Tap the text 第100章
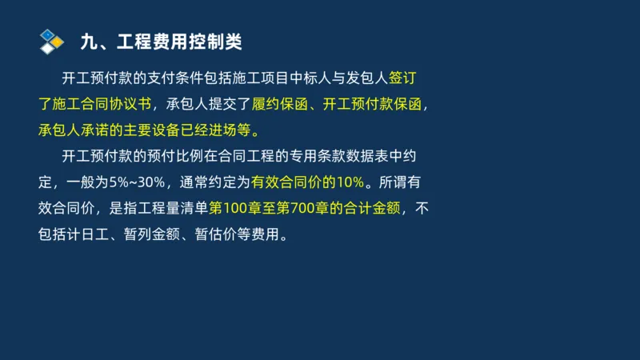tap(234, 210)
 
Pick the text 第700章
tap(312, 210)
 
